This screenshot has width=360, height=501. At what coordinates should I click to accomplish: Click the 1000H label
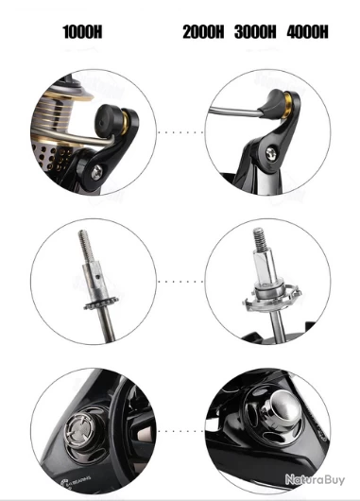pos(82,32)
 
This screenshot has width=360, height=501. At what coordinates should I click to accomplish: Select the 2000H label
pos(203,32)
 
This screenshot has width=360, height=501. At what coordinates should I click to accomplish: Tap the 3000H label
pos(255,32)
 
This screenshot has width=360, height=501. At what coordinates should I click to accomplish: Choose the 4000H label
pos(307,32)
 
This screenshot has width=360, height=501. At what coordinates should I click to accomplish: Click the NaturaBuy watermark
pos(315,479)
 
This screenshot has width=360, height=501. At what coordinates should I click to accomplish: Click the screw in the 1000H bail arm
pos(96,172)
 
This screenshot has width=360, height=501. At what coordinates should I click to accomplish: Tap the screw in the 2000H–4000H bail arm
pos(271,154)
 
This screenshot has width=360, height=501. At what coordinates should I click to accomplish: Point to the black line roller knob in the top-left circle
pos(109,119)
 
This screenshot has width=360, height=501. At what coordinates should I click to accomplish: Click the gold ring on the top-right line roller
pos(287,106)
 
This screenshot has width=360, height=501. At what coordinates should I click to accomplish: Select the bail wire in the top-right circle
pos(233,112)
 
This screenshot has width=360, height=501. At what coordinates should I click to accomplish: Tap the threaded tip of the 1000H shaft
pos(86,246)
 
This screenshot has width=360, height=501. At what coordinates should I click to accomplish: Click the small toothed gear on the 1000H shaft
pos(101,302)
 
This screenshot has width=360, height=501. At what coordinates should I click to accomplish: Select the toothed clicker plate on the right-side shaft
pos(272,297)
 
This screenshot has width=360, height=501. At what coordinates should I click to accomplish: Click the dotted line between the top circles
pos(180,132)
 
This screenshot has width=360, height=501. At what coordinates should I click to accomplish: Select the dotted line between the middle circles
pos(180,282)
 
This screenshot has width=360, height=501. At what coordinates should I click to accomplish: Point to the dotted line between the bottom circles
pos(180,431)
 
